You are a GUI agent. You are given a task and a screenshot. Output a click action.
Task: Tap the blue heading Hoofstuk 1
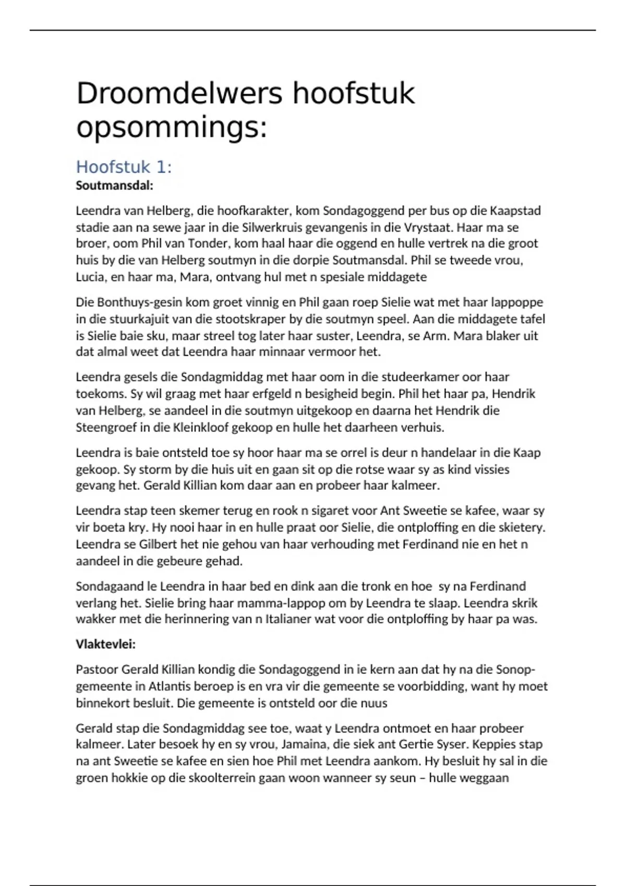coord(124,167)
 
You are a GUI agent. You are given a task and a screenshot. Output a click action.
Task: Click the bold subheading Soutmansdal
coord(114,186)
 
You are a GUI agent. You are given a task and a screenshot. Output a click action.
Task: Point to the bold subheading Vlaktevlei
coord(105,644)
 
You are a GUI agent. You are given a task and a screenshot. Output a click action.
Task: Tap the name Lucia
coord(90,277)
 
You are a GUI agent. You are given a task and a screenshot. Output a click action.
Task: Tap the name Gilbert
coord(158,544)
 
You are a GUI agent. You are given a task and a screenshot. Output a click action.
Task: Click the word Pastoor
coord(97,669)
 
